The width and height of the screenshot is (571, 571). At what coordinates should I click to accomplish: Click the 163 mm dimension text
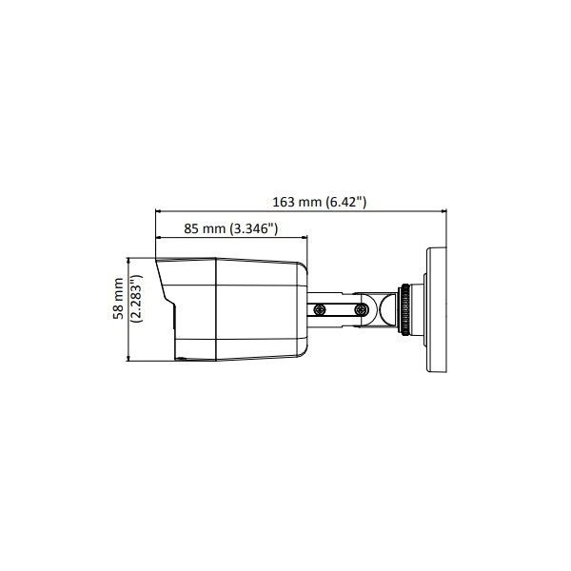click(x=297, y=201)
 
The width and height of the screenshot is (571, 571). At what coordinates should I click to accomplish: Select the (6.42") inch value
click(x=345, y=201)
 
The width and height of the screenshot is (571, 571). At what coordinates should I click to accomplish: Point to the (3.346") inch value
click(x=250, y=228)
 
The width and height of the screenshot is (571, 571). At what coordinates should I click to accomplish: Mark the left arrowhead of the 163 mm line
click(x=159, y=211)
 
